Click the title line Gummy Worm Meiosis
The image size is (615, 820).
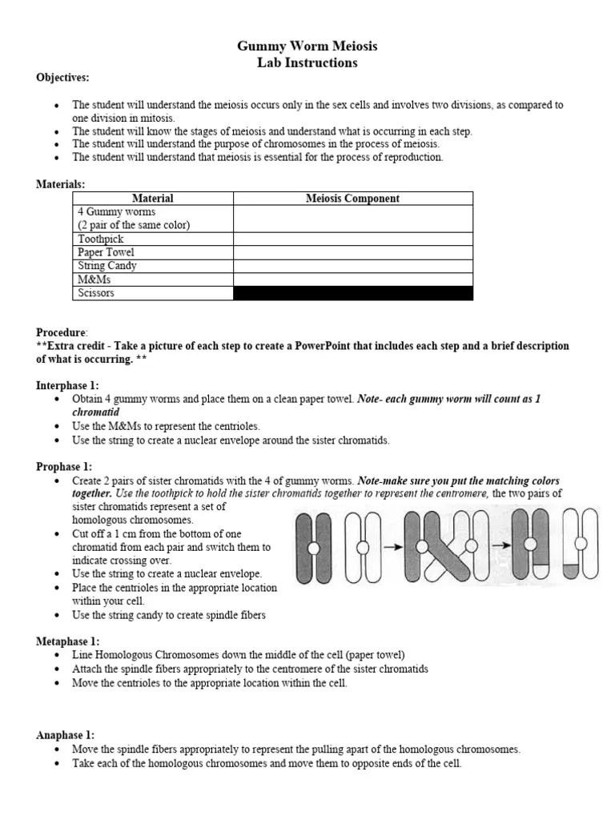click(x=307, y=46)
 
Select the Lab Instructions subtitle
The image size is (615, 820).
click(x=307, y=62)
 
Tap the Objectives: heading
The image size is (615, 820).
click(x=62, y=78)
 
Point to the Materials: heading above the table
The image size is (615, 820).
click(x=60, y=184)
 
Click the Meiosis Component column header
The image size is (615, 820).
click(x=352, y=199)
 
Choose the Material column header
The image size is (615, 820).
click(x=152, y=199)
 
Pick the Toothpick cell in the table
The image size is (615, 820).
click(x=101, y=239)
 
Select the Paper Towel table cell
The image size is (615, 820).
click(x=107, y=252)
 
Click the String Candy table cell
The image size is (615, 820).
click(x=107, y=266)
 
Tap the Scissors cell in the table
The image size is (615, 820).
click(x=96, y=293)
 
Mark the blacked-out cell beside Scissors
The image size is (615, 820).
click(x=352, y=293)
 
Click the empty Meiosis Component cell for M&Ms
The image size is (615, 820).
click(x=352, y=279)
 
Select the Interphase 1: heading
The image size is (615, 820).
click(x=67, y=386)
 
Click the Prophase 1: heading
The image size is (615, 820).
click(x=64, y=467)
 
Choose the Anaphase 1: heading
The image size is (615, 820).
click(x=66, y=735)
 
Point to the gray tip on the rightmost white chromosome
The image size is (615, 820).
click(x=570, y=571)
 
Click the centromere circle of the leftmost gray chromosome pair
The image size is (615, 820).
click(x=314, y=549)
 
